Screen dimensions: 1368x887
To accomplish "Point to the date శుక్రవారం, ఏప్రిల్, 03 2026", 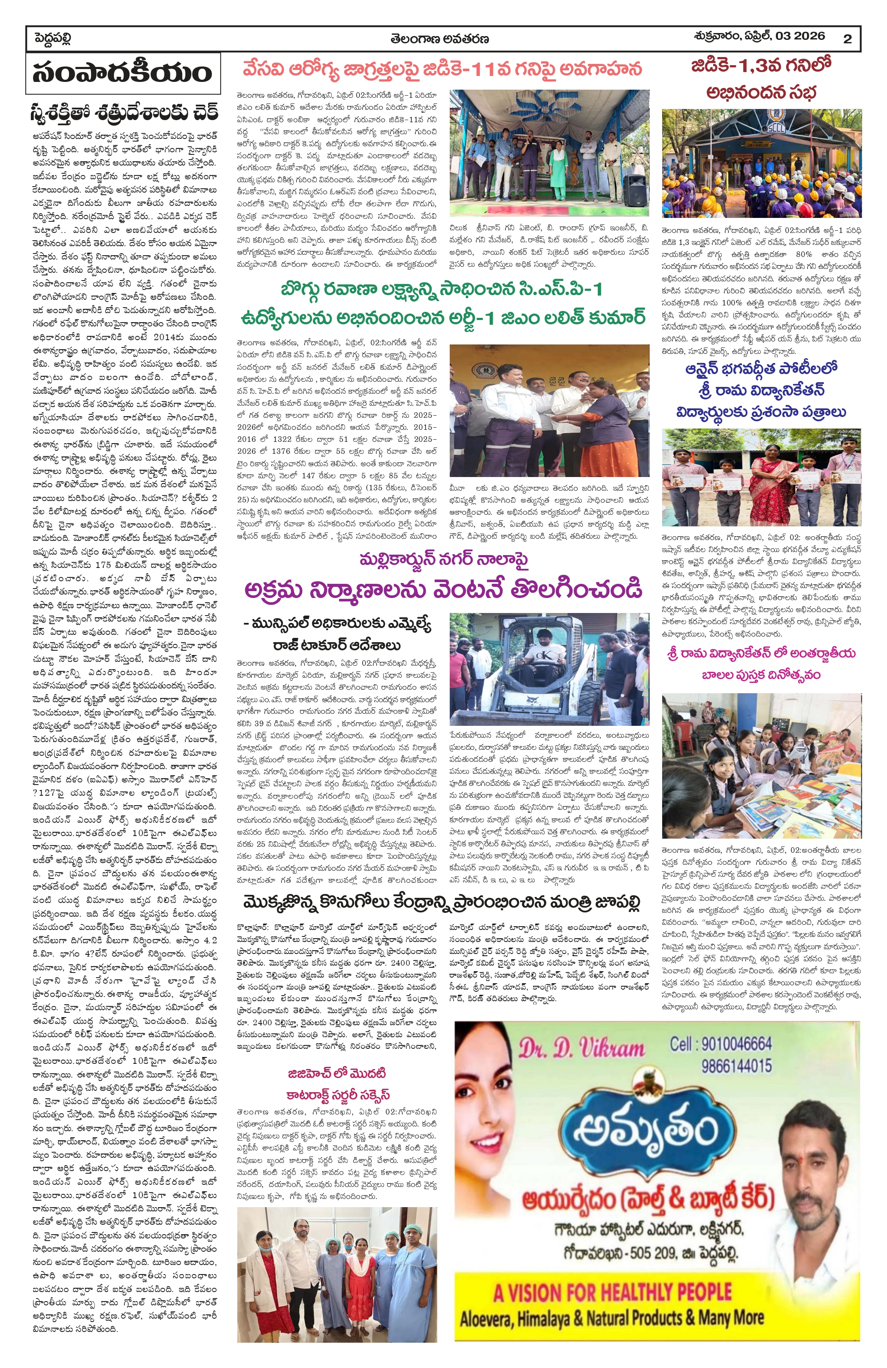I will pyautogui.click(x=759, y=36).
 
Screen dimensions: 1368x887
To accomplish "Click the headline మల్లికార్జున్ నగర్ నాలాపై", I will pyautogui.click(x=443, y=559).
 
